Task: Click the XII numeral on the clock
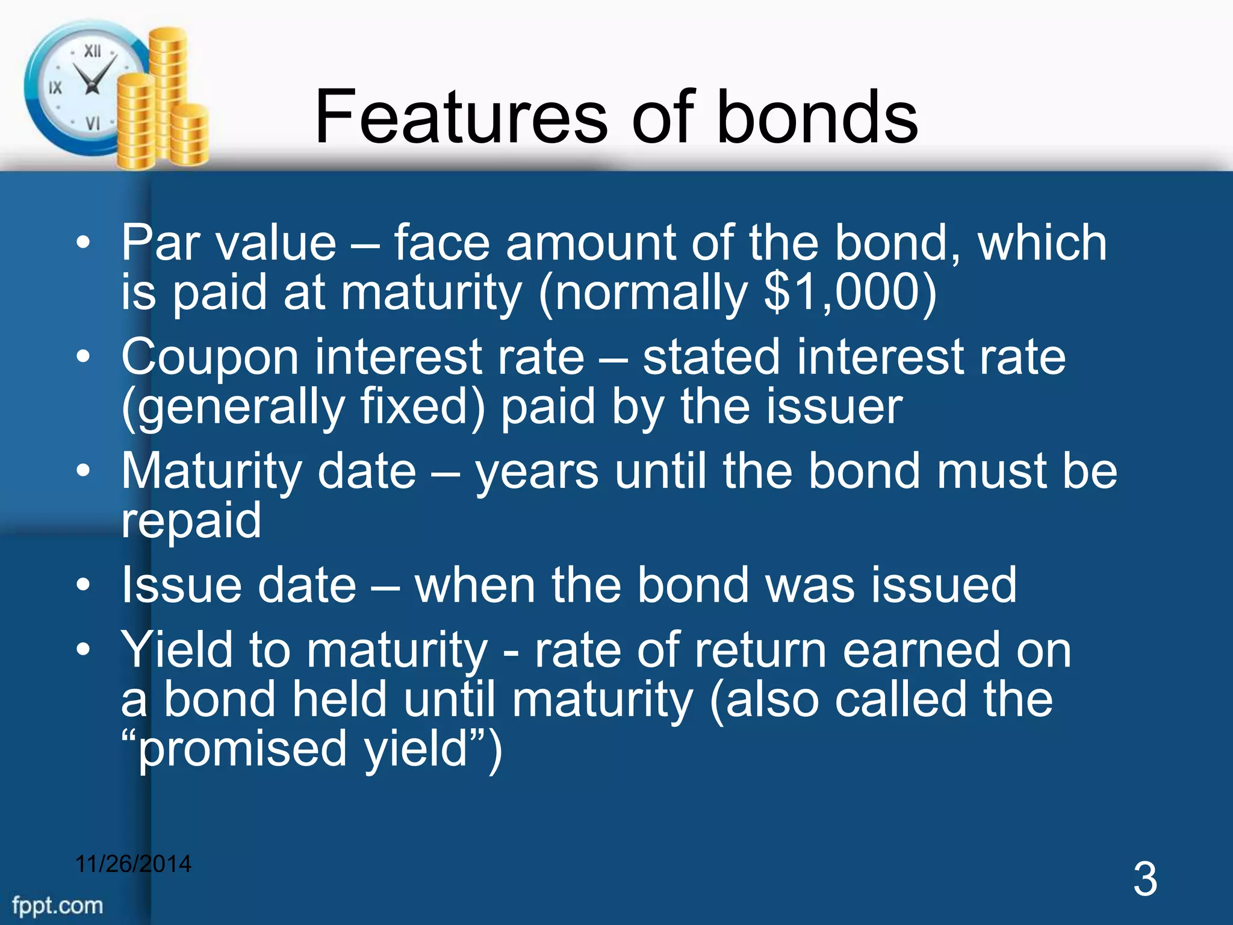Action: pyautogui.click(x=92, y=51)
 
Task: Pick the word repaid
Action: pyautogui.click(x=191, y=521)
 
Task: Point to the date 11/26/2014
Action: pyautogui.click(x=133, y=864)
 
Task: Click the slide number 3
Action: pyautogui.click(x=1144, y=880)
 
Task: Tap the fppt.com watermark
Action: pyautogui.click(x=57, y=905)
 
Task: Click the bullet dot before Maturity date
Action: pyautogui.click(x=84, y=470)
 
